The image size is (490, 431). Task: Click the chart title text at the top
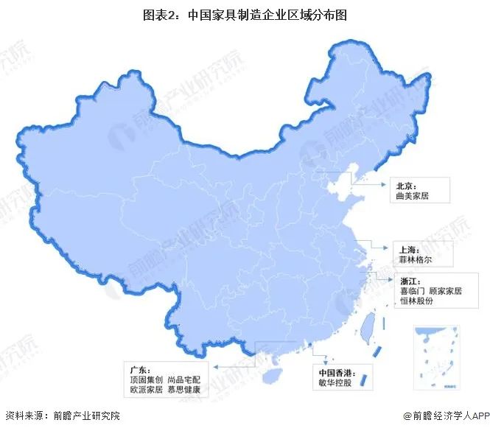click(244, 13)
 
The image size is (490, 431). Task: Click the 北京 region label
click(407, 186)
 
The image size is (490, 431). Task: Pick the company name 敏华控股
click(332, 382)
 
